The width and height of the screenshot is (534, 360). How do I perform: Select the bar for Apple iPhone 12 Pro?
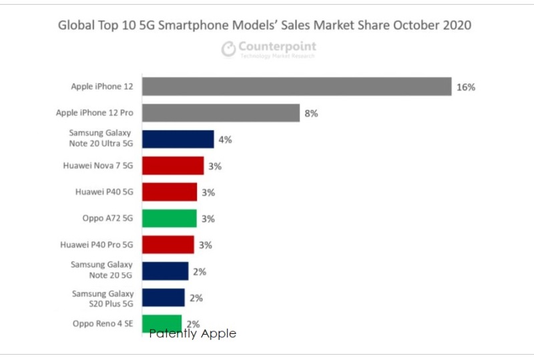click(221, 113)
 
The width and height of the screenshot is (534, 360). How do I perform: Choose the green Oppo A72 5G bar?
click(170, 218)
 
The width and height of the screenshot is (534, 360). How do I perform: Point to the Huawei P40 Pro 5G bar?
click(168, 244)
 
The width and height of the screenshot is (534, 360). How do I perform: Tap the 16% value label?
click(466, 87)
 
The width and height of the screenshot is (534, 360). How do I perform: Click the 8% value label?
click(311, 114)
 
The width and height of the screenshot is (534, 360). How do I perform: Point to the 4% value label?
click(225, 140)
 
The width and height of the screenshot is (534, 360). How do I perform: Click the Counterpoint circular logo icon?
click(229, 48)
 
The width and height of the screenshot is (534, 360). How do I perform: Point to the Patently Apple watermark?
click(193, 333)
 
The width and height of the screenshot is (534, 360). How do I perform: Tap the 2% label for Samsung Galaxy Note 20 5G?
click(200, 272)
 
